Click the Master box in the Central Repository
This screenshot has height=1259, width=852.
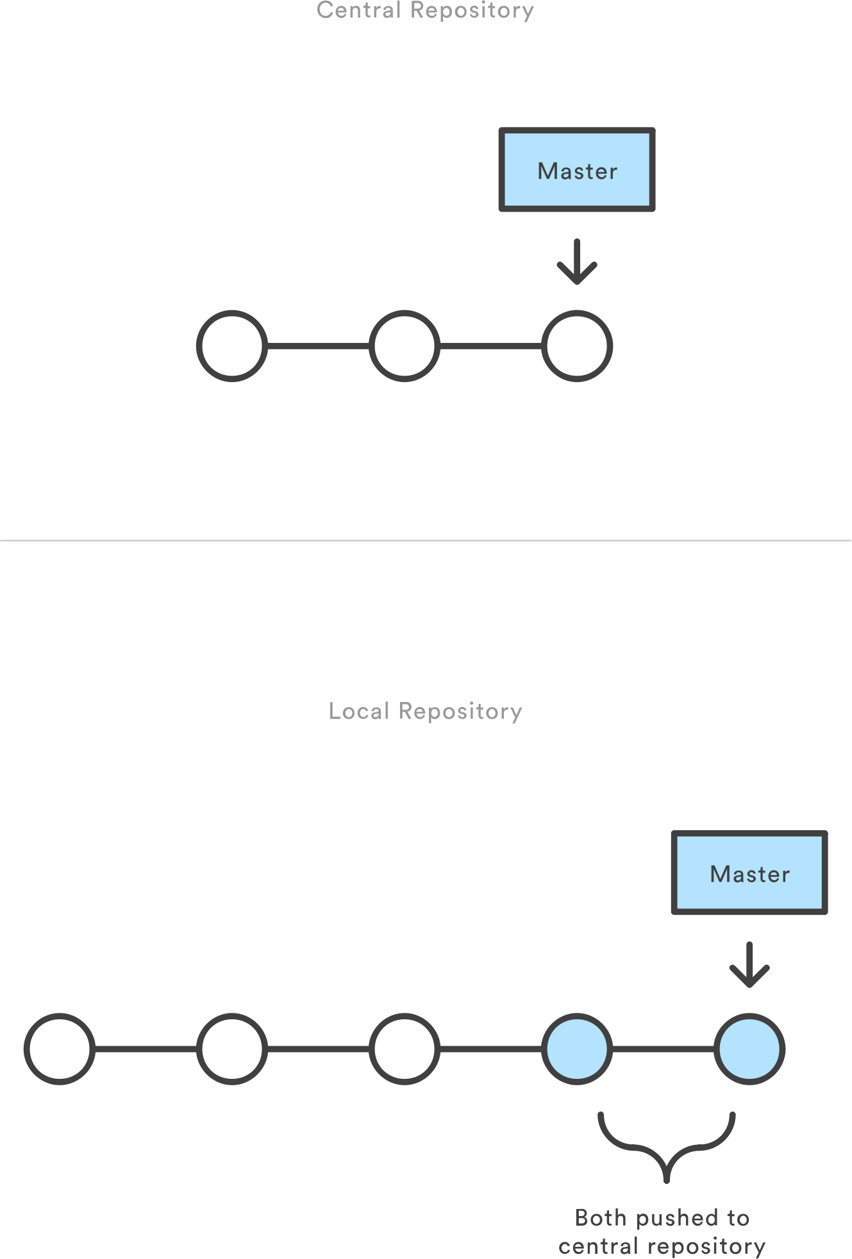577,170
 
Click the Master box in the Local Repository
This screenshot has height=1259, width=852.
749,872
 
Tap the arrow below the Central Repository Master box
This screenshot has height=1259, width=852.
577,262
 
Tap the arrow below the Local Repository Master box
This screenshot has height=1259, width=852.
749,965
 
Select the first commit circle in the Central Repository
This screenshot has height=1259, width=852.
232,346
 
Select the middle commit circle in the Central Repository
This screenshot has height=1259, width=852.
405,346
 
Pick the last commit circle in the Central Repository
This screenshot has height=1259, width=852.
577,346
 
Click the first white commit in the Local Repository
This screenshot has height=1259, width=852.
60,1049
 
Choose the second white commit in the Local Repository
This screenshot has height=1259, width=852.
232,1049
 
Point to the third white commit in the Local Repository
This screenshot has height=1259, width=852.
405,1049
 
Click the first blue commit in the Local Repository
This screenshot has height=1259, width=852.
577,1049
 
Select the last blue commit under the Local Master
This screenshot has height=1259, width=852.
749,1049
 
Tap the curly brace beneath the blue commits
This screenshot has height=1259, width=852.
667,1147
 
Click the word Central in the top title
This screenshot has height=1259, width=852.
358,10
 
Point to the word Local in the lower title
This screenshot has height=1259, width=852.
358,711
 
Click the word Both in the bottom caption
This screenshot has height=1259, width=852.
601,1217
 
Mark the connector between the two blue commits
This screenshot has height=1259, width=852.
663,1049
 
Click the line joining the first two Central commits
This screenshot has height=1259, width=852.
318,346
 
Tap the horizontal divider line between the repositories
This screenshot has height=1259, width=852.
426,540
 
